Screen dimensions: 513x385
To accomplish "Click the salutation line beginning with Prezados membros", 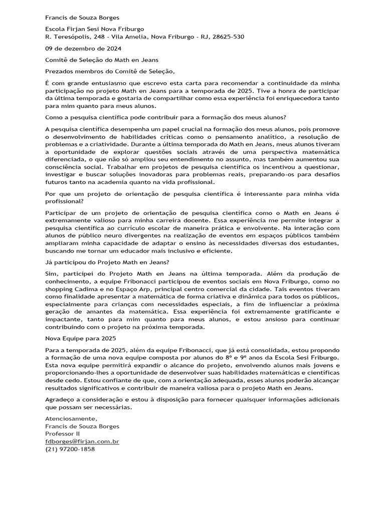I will [111, 71].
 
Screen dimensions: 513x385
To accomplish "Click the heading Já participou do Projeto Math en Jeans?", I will [107, 262].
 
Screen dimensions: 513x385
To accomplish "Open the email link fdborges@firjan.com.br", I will [82, 442].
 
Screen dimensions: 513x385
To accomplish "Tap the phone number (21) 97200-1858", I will [70, 449].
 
